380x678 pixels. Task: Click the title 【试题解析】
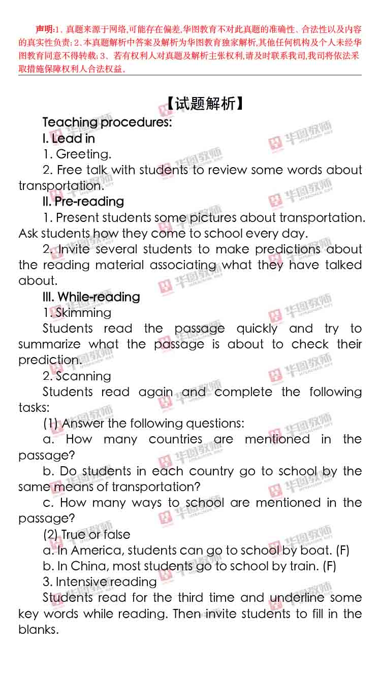[x=206, y=104]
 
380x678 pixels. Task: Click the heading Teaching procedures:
[x=107, y=122]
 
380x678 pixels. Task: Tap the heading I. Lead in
[x=69, y=139]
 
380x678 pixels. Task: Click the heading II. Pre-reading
[x=83, y=202]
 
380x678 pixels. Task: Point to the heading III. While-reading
[x=91, y=297]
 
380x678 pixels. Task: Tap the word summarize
[x=49, y=344]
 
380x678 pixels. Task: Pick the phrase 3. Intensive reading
[x=100, y=582]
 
